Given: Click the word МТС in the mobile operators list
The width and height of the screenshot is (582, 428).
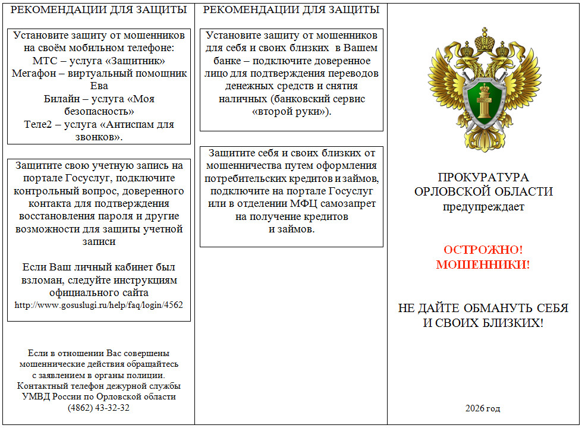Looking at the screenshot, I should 43,61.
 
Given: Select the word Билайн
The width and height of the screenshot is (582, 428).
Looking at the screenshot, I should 61,99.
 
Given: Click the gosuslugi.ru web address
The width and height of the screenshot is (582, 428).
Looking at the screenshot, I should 99,305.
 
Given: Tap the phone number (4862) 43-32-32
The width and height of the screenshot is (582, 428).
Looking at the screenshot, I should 99,408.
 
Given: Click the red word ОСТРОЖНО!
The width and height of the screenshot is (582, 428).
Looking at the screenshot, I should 483,250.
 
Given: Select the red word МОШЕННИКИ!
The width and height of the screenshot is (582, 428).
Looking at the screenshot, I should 483,265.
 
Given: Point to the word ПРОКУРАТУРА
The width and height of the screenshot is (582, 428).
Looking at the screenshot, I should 483,178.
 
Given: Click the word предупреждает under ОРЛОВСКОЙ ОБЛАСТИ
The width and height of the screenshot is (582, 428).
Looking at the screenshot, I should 483,207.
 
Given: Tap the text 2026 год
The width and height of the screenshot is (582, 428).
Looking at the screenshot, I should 483,408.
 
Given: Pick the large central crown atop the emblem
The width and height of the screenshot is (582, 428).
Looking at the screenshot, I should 484,36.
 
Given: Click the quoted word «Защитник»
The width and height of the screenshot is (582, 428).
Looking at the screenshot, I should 134,61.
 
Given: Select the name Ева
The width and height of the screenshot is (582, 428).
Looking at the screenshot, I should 99,86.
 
